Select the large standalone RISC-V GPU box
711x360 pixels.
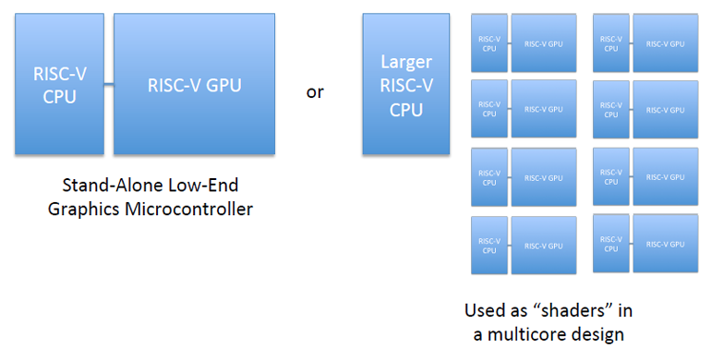click(x=194, y=84)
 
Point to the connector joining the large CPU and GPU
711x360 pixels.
click(x=108, y=85)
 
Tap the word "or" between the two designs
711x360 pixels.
click(x=315, y=92)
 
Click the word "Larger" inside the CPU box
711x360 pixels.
click(x=406, y=62)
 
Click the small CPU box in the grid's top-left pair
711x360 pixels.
click(x=489, y=43)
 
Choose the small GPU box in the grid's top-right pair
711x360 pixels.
click(x=665, y=43)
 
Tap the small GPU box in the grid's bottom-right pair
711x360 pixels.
click(x=665, y=244)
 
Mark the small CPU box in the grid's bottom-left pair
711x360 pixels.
click(x=489, y=245)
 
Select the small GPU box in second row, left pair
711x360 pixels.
click(x=543, y=109)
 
